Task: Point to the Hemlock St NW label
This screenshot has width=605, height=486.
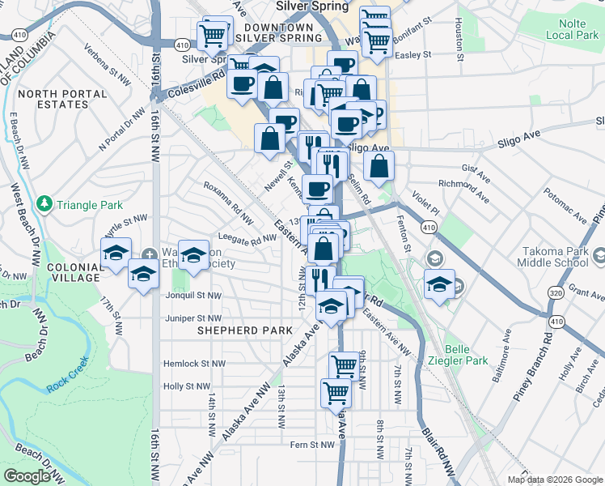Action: (187, 364)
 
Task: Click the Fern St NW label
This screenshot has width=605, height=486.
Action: (312, 444)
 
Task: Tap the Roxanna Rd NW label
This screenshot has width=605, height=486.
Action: (229, 202)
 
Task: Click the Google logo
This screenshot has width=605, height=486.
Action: (27, 476)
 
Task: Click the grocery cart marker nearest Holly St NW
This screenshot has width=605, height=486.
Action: (336, 394)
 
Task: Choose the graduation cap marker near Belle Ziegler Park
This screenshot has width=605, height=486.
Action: (439, 284)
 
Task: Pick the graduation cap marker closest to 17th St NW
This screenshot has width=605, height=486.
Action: (116, 252)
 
